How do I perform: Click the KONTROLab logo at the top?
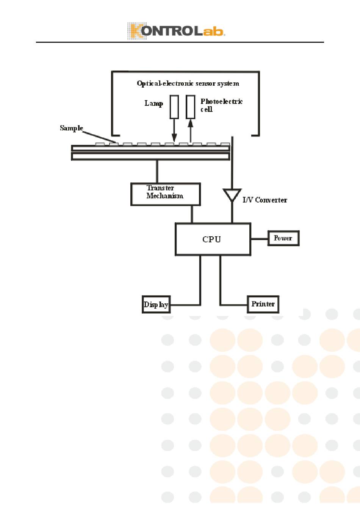176,31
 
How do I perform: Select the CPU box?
213,239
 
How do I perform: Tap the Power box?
283,238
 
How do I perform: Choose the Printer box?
263,304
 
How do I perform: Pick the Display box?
156,305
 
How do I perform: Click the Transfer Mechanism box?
165,194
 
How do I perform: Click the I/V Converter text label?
265,200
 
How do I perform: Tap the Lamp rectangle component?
174,107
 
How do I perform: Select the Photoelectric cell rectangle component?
191,107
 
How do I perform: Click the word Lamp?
153,104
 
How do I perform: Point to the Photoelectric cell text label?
221,105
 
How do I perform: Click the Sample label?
71,128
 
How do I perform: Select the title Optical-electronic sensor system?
188,83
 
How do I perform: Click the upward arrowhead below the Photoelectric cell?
191,123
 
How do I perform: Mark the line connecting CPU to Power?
259,239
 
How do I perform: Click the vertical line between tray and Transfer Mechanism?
157,171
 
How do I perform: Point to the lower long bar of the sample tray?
150,156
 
